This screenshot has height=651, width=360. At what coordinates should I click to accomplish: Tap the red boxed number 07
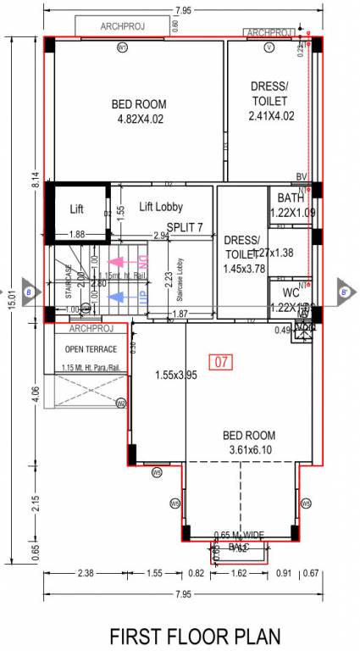222,362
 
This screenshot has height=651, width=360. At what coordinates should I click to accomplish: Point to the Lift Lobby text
161,207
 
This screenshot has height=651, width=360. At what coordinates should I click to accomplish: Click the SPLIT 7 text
185,227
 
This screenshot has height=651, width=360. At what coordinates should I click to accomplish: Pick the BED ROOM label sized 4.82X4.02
139,111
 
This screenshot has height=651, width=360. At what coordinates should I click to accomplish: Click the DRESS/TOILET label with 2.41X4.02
270,101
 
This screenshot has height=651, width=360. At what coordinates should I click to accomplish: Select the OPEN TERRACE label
91,349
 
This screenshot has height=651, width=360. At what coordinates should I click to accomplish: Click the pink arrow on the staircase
117,264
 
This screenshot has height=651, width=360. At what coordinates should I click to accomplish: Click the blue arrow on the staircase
117,297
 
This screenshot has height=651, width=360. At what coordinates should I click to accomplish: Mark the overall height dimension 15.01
11,297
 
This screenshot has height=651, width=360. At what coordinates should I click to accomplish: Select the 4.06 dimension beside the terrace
34,392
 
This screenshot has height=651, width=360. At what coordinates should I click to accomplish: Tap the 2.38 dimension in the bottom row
85,574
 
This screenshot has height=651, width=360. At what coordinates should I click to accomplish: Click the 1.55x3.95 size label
175,375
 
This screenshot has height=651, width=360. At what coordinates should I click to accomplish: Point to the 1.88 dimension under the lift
76,235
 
